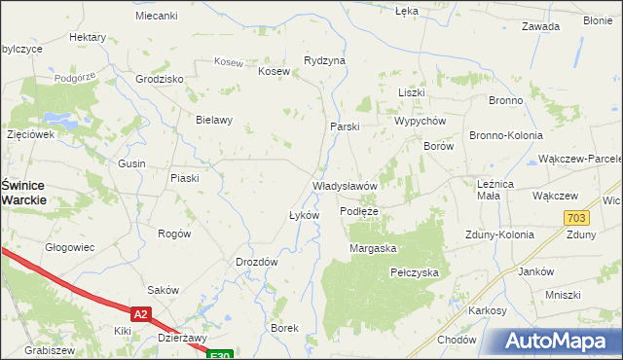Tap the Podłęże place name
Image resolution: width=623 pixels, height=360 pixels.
(x=359, y=210)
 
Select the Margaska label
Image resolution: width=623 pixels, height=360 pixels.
(x=373, y=248)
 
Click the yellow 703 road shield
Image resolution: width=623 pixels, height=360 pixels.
(x=575, y=218)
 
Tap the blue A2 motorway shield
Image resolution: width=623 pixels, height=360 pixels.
(x=141, y=313)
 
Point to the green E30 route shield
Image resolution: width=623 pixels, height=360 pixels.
(x=221, y=355)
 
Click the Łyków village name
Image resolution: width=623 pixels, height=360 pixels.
(x=304, y=215)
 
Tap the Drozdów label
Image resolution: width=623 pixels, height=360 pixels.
(x=257, y=262)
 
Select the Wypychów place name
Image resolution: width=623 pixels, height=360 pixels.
(x=420, y=121)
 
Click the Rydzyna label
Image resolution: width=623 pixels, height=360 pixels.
(x=324, y=60)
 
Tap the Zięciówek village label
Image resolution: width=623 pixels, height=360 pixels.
(x=29, y=134)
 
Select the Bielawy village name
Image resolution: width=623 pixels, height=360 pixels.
(x=214, y=121)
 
